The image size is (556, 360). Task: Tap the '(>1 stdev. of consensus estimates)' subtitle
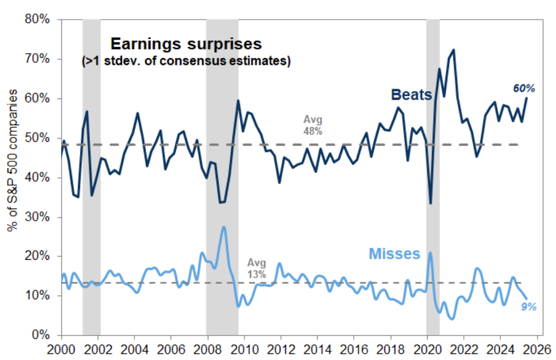pyautogui.click(x=186, y=61)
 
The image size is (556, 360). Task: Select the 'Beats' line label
pyautogui.click(x=411, y=95)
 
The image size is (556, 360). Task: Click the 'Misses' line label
pyautogui.click(x=395, y=253)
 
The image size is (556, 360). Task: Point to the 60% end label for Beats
pyautogui.click(x=524, y=89)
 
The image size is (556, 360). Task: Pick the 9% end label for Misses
pyautogui.click(x=529, y=307)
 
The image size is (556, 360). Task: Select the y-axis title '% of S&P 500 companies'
pyautogui.click(x=12, y=177)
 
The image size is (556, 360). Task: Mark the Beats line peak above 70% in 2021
pyautogui.click(x=453, y=50)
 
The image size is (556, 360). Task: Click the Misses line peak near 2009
pyautogui.click(x=224, y=227)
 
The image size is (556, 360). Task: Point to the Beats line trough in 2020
pyautogui.click(x=431, y=204)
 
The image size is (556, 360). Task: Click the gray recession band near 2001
pyautogui.click(x=92, y=183)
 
